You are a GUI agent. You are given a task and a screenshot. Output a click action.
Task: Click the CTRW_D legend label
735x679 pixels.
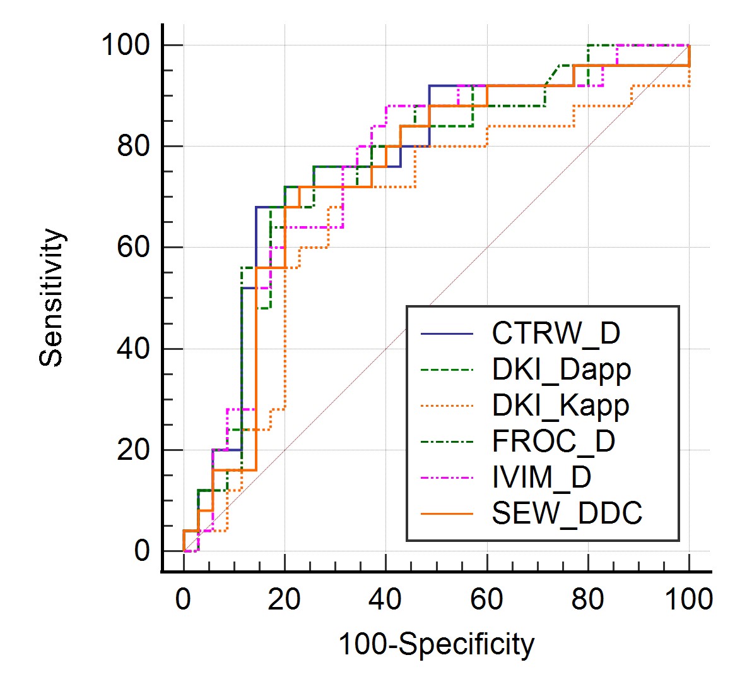555,333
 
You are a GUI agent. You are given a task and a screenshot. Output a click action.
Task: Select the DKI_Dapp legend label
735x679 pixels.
561,370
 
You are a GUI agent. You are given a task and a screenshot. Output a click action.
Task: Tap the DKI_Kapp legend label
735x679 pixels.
560,405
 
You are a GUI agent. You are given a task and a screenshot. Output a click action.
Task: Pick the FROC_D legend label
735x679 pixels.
553,441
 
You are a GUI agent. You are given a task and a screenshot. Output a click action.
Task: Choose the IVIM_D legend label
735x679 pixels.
541,476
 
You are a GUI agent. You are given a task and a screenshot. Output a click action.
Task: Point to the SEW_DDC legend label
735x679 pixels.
567,512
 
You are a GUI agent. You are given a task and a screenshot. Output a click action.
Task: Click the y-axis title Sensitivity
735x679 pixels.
52,297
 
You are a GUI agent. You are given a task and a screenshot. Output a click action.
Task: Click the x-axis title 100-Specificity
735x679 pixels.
437,645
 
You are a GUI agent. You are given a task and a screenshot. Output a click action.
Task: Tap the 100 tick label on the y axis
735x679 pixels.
125,45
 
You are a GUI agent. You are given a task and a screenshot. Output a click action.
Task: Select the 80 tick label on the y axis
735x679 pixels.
133,147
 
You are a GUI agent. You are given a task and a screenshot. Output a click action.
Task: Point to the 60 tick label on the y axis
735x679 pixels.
133,248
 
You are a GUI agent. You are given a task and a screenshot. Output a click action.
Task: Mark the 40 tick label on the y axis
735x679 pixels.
133,349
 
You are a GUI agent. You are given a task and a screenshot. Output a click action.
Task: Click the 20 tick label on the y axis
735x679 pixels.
133,450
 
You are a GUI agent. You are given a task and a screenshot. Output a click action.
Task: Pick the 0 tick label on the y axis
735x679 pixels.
141,551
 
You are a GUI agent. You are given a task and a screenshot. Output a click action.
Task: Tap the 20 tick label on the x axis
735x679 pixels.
285,598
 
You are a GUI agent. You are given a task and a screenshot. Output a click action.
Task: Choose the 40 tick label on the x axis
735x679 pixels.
385,598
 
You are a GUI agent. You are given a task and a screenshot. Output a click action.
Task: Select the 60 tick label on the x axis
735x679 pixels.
486,598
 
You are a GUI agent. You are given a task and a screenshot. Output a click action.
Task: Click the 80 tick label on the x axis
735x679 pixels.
587,598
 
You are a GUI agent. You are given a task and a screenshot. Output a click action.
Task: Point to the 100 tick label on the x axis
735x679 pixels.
688,598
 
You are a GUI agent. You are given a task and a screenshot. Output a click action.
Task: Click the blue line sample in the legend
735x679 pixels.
447,333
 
